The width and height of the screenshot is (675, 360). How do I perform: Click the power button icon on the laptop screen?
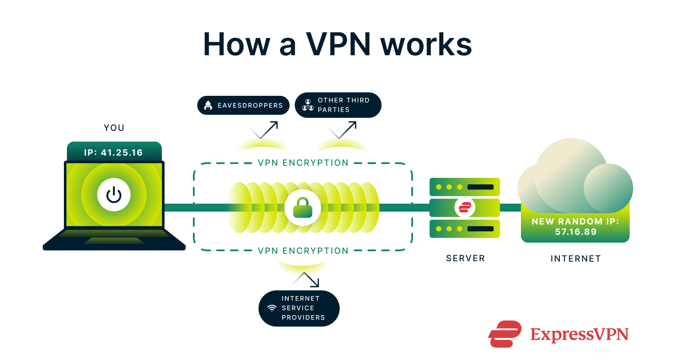[x=114, y=195]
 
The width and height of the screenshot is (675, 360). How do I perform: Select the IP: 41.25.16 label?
[x=114, y=152]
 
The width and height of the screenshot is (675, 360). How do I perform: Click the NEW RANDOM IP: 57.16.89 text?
[x=575, y=227]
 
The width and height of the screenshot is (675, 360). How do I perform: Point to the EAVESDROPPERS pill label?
[x=243, y=105]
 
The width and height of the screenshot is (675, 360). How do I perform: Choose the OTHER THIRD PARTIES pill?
[x=338, y=105]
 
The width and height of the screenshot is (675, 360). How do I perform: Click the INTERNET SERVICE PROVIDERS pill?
[x=299, y=308]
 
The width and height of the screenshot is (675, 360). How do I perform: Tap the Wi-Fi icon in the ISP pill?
[x=272, y=308]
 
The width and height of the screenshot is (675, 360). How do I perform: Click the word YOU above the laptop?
[x=114, y=128]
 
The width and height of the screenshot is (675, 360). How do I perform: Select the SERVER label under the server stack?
[x=465, y=258]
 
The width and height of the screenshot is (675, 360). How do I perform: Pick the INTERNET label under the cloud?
[x=575, y=259]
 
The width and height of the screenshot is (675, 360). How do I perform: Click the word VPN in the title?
[x=338, y=44]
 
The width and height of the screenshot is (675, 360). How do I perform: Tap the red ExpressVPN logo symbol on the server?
[x=465, y=208]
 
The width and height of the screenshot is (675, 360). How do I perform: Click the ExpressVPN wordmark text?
[x=579, y=335]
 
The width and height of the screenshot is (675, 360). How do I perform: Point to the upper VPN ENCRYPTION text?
[x=303, y=163]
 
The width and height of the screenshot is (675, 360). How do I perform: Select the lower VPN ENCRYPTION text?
[x=303, y=251]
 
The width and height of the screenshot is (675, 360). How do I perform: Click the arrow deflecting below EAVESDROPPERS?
[x=263, y=130]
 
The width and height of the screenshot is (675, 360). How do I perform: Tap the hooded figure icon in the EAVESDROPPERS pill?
[x=208, y=105]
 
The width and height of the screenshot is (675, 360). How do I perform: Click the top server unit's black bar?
[x=480, y=187]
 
